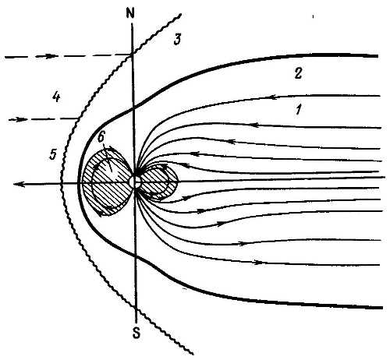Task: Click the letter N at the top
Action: point(130,13)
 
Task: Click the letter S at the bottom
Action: point(136,333)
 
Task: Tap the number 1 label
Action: point(299,109)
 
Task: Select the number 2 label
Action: point(298,73)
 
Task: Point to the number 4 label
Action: point(56,97)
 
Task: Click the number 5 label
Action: point(53,154)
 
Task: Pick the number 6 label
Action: point(102,137)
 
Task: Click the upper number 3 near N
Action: point(177,40)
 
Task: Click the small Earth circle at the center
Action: point(136,182)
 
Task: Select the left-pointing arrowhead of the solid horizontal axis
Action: point(19,184)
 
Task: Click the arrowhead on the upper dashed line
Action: point(50,56)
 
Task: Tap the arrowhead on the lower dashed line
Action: point(22,119)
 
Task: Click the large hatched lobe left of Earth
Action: point(107,182)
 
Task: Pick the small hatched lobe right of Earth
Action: point(159,182)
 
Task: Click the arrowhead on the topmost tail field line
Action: point(274,97)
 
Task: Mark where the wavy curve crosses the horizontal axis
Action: point(61,184)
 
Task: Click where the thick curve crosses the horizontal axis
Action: point(78,183)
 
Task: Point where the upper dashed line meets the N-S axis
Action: point(133,55)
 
